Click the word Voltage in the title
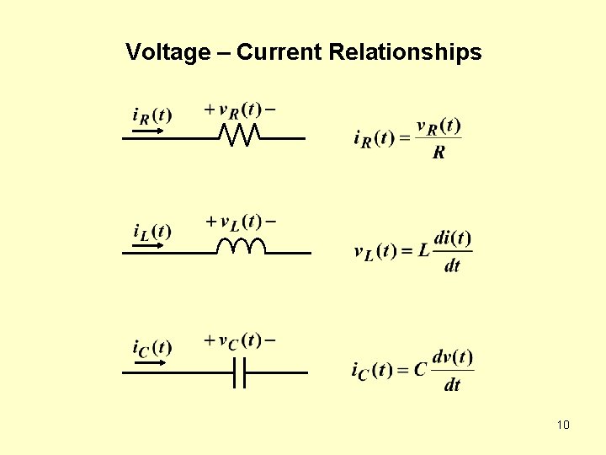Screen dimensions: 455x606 pyautogui.click(x=167, y=53)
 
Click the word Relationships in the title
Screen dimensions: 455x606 pyautogui.click(x=406, y=53)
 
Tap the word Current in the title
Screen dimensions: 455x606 pyautogui.click(x=279, y=53)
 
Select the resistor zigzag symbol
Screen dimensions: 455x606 pyautogui.click(x=239, y=135)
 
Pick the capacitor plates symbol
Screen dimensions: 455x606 pyautogui.click(x=240, y=372)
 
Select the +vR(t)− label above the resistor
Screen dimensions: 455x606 pyautogui.click(x=240, y=110)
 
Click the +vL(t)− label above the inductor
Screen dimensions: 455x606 pyautogui.click(x=242, y=222)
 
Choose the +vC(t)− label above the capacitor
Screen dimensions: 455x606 pyautogui.click(x=240, y=341)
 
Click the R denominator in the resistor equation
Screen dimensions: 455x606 pyautogui.click(x=439, y=153)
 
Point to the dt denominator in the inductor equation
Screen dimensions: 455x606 pyautogui.click(x=452, y=266)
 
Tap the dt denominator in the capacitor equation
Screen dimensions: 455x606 pyautogui.click(x=452, y=385)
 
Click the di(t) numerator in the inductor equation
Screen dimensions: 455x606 pyautogui.click(x=453, y=238)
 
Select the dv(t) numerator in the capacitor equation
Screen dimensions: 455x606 pyautogui.click(x=453, y=356)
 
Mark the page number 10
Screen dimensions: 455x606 pyautogui.click(x=563, y=424)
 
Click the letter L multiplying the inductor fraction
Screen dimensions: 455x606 pyautogui.click(x=423, y=251)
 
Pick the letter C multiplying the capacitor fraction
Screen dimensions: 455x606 pyautogui.click(x=420, y=370)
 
